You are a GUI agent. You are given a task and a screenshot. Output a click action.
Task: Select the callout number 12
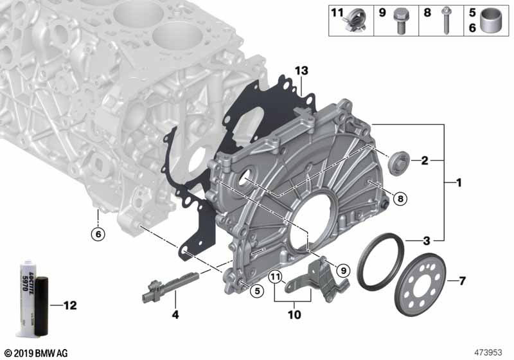pos(70,305)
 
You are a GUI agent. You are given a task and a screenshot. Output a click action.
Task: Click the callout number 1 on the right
pos(459,184)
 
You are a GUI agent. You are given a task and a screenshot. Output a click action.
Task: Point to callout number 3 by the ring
pos(425,242)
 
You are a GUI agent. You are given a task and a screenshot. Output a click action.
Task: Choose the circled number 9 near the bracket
pos(343,271)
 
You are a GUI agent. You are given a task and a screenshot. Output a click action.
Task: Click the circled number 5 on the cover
pos(256,291)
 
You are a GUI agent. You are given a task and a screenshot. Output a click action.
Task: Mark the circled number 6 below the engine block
pos(97,235)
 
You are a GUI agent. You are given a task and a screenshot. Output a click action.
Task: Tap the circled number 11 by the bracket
pos(276,278)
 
